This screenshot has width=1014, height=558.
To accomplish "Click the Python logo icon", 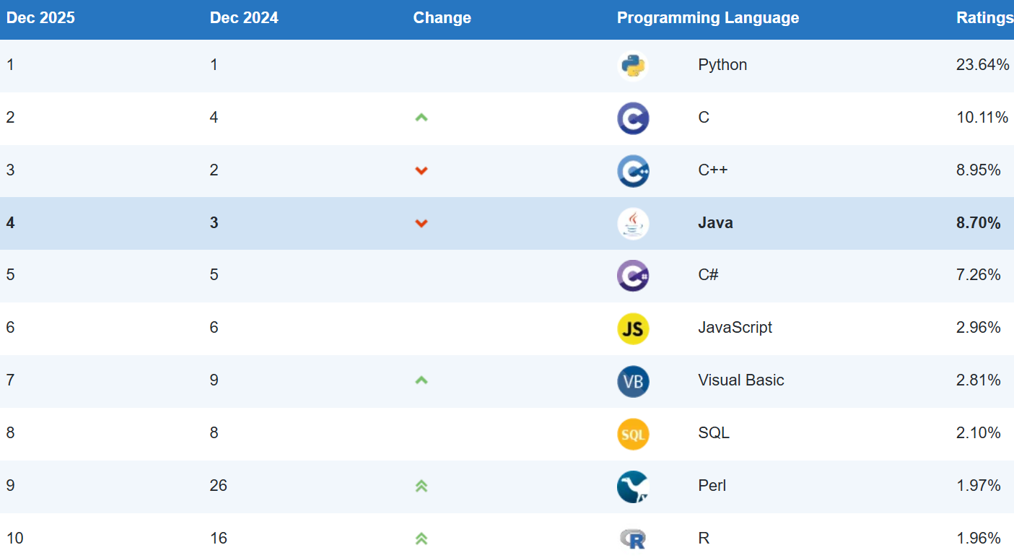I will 633,66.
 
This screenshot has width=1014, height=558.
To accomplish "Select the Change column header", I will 442,18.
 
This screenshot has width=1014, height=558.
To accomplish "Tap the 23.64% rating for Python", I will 982,65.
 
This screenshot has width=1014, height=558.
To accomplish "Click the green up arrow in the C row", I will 421,117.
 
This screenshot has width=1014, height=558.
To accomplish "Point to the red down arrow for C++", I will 421,170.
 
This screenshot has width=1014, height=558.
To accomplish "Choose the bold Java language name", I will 715,223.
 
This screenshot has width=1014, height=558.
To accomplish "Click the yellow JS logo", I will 633,328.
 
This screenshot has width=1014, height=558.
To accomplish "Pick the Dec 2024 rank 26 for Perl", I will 218,486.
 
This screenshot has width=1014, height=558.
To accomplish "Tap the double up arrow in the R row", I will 421,539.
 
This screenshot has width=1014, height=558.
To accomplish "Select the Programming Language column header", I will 707,18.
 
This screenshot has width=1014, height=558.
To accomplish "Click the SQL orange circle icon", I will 633,434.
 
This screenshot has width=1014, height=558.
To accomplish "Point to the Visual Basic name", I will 740,380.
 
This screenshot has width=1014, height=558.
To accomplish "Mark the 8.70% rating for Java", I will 978,223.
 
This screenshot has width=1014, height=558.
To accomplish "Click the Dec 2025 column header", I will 40,18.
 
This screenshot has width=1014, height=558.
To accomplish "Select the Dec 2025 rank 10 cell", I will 14,539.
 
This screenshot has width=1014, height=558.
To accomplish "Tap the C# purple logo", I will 633,276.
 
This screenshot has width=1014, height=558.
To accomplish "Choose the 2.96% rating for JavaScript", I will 978,328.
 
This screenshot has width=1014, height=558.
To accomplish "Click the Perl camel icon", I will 633,487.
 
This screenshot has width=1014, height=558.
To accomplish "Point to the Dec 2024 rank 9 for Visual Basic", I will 214,380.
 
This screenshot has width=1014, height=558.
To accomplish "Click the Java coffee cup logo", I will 633,223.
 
